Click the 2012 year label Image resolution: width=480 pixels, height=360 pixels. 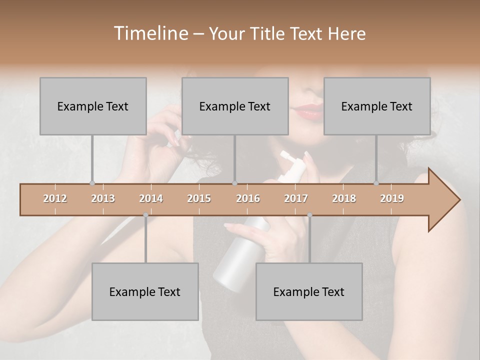click(x=55, y=198)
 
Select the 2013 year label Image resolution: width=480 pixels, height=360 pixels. click(x=103, y=198)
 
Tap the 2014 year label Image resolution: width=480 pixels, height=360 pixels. click(x=151, y=198)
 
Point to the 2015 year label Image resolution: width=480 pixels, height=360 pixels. click(x=199, y=198)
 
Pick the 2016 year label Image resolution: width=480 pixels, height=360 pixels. click(x=248, y=198)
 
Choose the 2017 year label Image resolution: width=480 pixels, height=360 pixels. click(x=296, y=198)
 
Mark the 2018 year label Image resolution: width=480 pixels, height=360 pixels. click(x=344, y=198)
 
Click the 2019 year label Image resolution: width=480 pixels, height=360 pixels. click(x=392, y=198)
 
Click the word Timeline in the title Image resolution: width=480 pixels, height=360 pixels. click(x=150, y=33)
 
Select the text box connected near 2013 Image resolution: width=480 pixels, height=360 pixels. click(x=93, y=106)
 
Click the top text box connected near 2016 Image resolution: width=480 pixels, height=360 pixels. click(x=235, y=106)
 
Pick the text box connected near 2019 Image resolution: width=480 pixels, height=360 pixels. click(x=377, y=106)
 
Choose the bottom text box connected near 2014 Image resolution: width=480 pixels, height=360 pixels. click(x=145, y=291)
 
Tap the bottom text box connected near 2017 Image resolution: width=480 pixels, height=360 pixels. click(x=309, y=291)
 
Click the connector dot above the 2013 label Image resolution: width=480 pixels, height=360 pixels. click(x=92, y=183)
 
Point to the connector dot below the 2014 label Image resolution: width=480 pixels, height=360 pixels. click(x=145, y=215)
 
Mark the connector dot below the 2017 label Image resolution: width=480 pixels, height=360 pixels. click(x=309, y=215)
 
